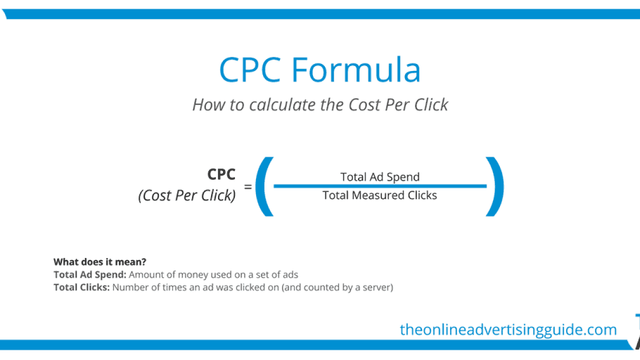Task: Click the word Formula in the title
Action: (355, 69)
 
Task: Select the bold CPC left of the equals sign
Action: (221, 174)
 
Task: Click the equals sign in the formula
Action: (247, 187)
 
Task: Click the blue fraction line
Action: (380, 186)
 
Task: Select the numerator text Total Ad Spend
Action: (380, 177)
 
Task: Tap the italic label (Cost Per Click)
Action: (187, 195)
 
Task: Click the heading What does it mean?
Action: (99, 261)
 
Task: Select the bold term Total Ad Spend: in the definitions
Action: (90, 274)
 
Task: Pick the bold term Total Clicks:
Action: (81, 287)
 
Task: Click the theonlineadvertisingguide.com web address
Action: (508, 330)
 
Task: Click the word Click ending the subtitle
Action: (431, 104)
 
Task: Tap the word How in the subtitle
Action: (208, 104)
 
